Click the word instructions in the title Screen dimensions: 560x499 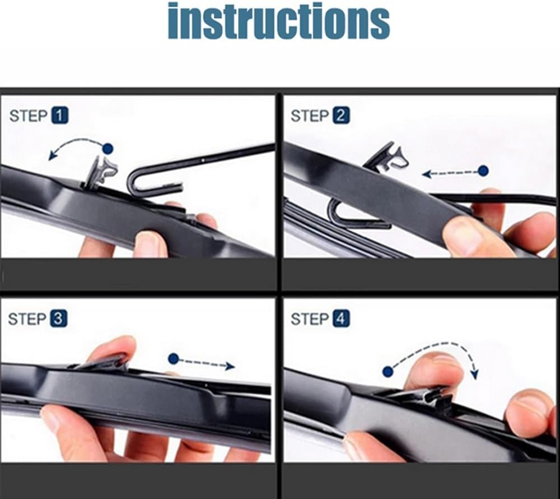(279, 21)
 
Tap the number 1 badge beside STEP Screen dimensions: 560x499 (60, 116)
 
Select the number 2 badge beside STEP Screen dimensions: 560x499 (341, 116)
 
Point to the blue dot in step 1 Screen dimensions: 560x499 (108, 149)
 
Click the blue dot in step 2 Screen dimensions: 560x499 (483, 171)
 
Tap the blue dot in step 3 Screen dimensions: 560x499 (174, 359)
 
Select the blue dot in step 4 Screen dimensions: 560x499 (388, 372)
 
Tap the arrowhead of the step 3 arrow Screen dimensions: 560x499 (230, 366)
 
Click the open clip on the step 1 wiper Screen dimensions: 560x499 (101, 171)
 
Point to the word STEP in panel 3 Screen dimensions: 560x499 (27, 319)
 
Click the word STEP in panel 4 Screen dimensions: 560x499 (310, 319)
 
